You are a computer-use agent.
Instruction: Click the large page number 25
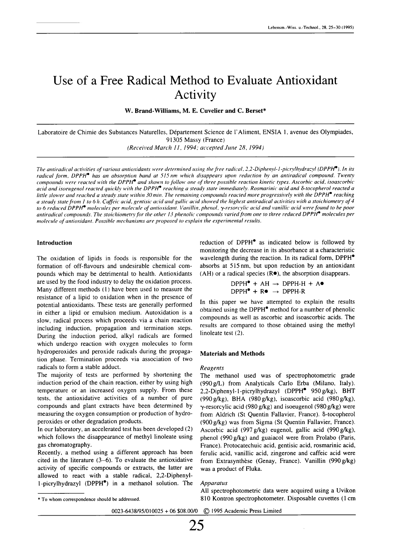[197, 526]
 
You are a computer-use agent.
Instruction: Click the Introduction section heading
[55, 243]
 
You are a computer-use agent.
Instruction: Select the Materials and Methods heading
[232, 353]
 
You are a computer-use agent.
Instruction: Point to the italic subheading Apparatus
[214, 483]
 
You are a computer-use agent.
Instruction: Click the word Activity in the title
[195, 95]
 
